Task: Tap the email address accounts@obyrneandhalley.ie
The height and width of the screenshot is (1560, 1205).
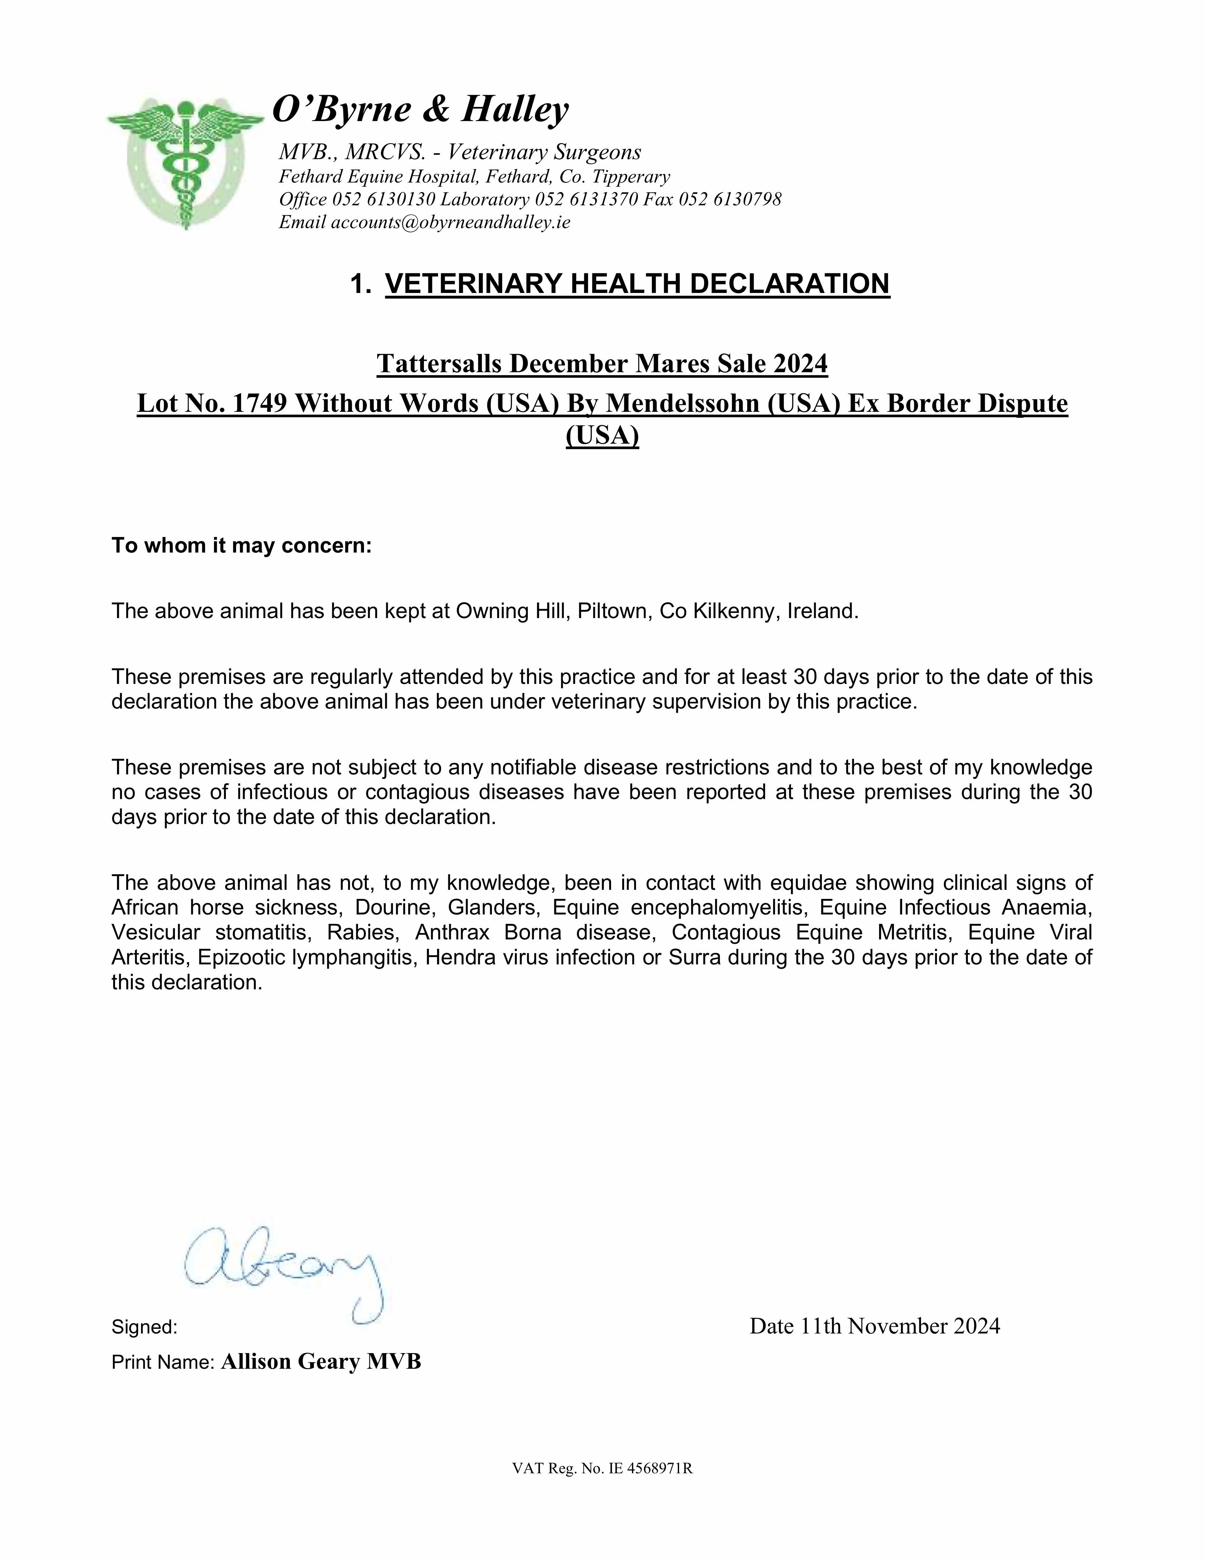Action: [450, 222]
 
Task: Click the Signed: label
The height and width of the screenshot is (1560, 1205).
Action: [144, 1327]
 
